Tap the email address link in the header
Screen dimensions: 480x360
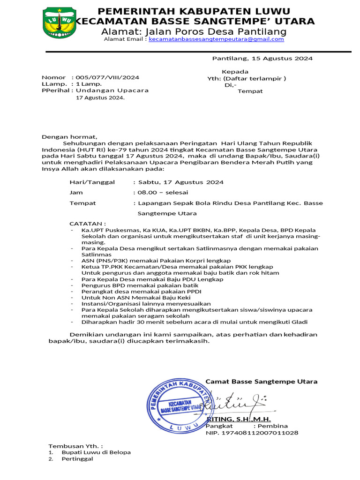(216, 39)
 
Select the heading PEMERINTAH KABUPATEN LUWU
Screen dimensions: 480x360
(194, 11)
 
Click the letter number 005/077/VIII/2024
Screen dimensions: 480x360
(107, 77)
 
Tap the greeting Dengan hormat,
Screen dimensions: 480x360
(69, 136)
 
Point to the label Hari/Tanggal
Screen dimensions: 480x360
(92, 182)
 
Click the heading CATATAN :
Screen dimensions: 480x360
(88, 224)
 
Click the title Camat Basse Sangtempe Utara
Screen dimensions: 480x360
(262, 382)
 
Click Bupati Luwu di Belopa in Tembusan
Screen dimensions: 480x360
(96, 452)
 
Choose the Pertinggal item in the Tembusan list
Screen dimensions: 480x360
(77, 459)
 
